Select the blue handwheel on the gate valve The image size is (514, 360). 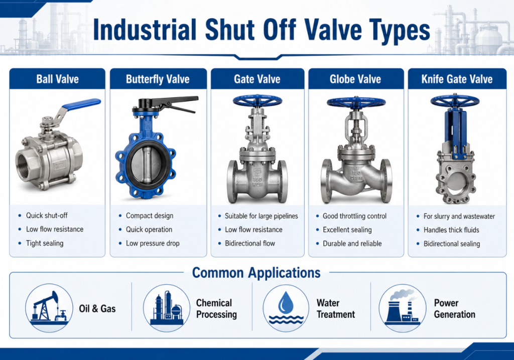point(258,101)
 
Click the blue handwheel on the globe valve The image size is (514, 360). point(356,102)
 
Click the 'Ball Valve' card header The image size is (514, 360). point(57,79)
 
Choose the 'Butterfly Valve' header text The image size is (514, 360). point(158,79)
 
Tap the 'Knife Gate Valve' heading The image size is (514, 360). point(457,79)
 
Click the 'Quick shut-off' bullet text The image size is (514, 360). point(47,215)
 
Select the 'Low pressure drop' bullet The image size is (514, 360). point(153,244)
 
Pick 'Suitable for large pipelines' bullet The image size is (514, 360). point(261,216)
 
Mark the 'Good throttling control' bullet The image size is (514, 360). point(355,216)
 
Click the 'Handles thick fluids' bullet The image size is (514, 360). point(451,230)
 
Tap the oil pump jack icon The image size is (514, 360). point(49,308)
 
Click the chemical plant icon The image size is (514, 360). point(167,308)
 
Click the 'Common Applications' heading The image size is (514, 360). point(256,273)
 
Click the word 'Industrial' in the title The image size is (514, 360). point(145,30)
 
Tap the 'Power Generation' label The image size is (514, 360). point(455,308)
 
